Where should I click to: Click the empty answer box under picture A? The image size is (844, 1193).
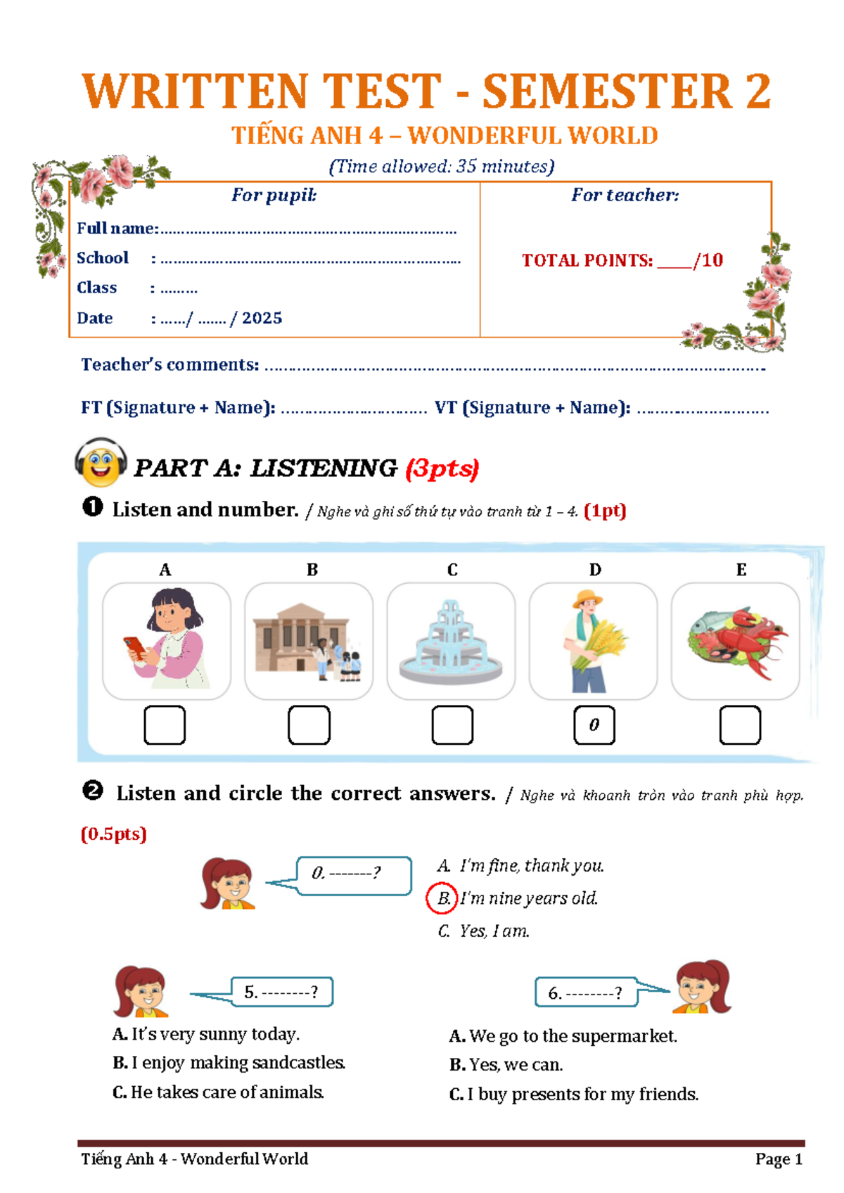165,725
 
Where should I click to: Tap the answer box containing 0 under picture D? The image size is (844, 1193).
594,725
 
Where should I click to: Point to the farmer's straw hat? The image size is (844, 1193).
588,599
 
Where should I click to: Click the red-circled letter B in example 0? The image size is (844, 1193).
442,898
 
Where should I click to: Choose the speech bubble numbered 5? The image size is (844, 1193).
282,992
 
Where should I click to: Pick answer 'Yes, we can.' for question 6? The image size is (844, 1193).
506,1064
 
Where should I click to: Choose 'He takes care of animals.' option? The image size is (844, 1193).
218,1092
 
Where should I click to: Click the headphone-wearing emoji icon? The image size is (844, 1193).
101,462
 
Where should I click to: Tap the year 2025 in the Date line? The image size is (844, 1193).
262,318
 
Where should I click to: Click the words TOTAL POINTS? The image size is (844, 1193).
587,260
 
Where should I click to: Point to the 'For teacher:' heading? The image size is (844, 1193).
625,195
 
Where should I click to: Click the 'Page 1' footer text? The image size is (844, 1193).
779,1159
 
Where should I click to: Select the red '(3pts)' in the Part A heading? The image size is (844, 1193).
442,468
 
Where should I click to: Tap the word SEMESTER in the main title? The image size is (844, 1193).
607,91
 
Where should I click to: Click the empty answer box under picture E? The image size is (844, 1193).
740,725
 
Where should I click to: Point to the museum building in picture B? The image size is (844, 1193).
301,637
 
